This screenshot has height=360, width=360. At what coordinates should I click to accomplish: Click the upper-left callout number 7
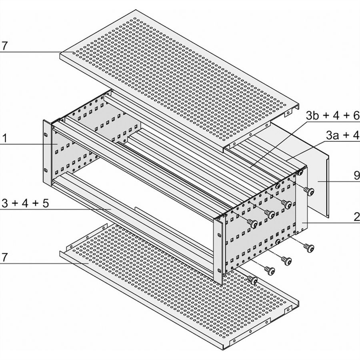pos(4,46)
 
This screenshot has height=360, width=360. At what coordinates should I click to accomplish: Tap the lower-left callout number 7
pos(4,257)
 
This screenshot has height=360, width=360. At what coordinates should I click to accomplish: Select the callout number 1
pos(4,138)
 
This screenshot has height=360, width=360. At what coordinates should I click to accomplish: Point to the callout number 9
pos(356,176)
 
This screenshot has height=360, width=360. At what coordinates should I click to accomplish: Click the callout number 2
pos(357,217)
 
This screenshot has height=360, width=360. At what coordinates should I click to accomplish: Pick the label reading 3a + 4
pos(342,136)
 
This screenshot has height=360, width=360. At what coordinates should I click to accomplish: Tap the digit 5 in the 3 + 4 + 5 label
pos(46,203)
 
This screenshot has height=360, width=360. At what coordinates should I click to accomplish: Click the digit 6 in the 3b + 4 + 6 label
pos(356,116)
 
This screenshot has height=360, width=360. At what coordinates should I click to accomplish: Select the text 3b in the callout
pos(312,116)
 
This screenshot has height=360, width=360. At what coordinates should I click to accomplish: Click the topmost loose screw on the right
pos(309,191)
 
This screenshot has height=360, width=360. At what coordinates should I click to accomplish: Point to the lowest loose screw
pos(252,280)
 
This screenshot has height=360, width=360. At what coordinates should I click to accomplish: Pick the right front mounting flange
pos(218,250)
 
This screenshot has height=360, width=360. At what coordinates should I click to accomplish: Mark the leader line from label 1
pos(29,144)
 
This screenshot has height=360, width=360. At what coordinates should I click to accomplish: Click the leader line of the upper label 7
pos(37,52)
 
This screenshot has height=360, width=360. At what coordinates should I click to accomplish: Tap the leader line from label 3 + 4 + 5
pos(56,209)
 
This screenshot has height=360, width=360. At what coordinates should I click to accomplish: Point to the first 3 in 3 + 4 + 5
pos(5,203)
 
